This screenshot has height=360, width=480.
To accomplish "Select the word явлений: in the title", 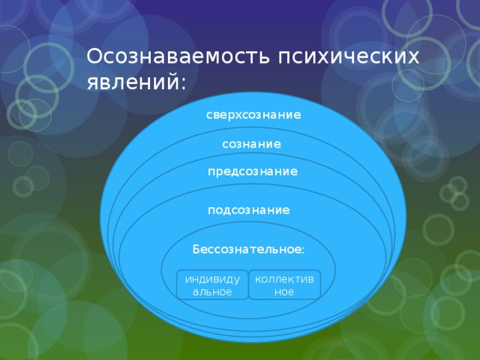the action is (136, 82).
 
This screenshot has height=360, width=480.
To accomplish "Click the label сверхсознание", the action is (253, 115).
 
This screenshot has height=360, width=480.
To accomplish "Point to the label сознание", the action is (251, 144).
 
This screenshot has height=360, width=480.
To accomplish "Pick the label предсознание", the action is (253, 172).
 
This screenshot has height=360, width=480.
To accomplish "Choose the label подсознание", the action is (248, 210).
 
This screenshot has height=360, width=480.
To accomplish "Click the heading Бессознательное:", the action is (248, 250).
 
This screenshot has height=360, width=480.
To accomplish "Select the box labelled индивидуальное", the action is (212, 285).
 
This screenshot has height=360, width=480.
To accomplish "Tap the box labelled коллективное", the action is (285, 285).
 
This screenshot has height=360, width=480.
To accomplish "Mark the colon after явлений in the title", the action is (183, 83).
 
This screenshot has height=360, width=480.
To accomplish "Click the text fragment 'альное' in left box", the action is (212, 292).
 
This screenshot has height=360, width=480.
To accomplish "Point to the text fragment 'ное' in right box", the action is (284, 292).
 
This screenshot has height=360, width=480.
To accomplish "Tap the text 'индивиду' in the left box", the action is (212, 280).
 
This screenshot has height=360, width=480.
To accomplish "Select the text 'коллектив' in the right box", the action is (284, 280).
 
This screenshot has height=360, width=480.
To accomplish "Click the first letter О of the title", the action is (94, 56).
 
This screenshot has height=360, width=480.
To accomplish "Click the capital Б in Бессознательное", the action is (196, 250).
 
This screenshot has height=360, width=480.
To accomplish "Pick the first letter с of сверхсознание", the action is (209, 115).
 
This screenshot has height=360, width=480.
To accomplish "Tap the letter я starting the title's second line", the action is (93, 84).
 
